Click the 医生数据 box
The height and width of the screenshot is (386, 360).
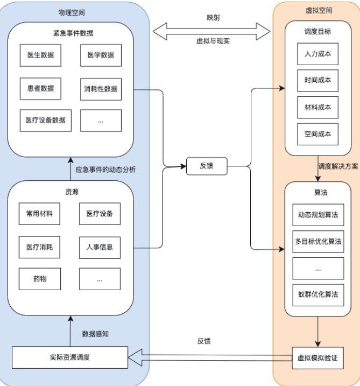click(x=40, y=55)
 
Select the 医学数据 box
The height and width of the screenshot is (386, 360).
click(x=101, y=55)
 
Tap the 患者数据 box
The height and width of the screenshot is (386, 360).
click(x=40, y=88)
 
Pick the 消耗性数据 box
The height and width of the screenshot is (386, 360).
click(x=101, y=88)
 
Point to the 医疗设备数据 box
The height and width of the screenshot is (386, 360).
click(x=45, y=120)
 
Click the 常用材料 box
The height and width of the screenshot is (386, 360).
click(x=39, y=214)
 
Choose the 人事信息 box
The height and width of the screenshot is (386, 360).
click(x=100, y=247)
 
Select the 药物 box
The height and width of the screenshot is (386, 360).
click(x=39, y=279)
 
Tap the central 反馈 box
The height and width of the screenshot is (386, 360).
click(x=206, y=166)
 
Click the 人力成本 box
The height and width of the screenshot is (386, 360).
click(x=317, y=54)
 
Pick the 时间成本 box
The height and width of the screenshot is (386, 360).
click(x=317, y=80)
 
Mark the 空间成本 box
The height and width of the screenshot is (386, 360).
click(x=317, y=134)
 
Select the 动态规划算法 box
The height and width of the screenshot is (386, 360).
click(x=318, y=214)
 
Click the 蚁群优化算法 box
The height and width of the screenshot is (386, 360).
click(x=318, y=294)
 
